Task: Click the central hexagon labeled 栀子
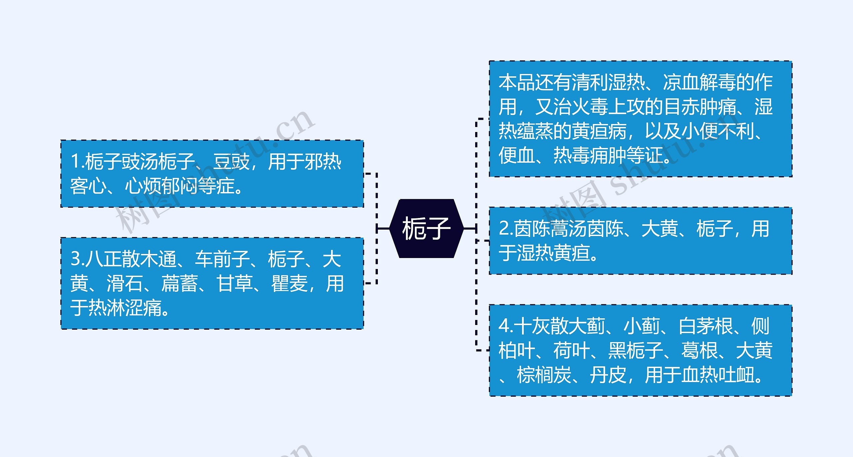(x=426, y=228)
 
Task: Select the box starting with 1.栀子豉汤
(x=212, y=174)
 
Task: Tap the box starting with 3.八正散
(x=212, y=283)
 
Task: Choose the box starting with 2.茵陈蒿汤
(x=640, y=241)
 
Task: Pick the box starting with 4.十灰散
(x=640, y=350)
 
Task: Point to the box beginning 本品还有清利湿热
(x=640, y=119)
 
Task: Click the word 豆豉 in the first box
(x=231, y=162)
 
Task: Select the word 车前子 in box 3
(x=222, y=259)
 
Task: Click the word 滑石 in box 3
(x=125, y=284)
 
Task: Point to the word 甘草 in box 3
(x=234, y=284)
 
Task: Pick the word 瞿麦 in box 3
(x=289, y=284)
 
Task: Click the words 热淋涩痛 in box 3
(x=125, y=308)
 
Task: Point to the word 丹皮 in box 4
(x=608, y=375)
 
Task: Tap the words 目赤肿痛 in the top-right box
(x=700, y=107)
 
